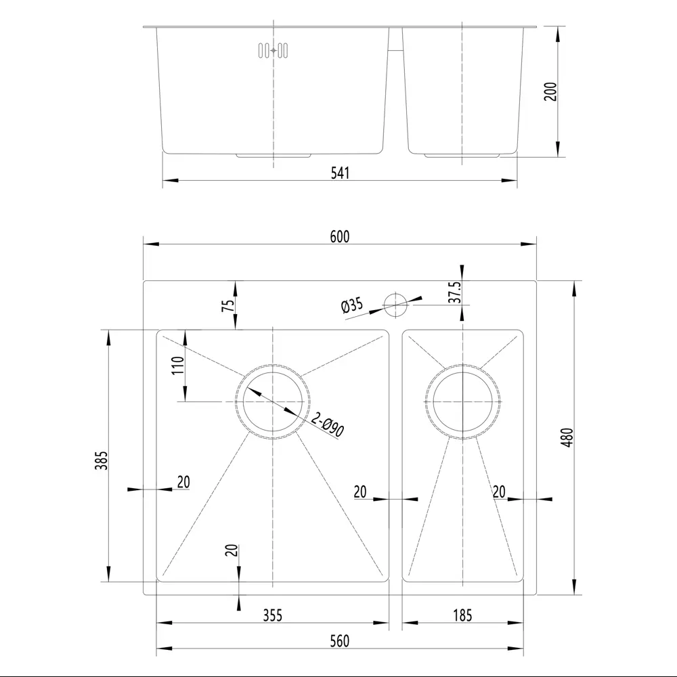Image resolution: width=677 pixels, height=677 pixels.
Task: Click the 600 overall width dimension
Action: pos(339,236)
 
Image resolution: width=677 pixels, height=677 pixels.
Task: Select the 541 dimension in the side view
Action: pos(340,173)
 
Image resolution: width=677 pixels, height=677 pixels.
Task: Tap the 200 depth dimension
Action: pos(550,91)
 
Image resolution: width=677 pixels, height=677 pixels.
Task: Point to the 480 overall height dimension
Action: pos(568,437)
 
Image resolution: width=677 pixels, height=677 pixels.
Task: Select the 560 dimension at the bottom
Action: pos(340,641)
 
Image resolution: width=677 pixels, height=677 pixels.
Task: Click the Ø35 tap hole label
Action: pos(353,305)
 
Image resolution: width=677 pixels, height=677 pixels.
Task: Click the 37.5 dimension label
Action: pos(455,292)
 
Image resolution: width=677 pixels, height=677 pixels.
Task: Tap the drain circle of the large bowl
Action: pos(272,401)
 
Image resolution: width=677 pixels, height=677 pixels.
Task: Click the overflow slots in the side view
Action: pos(273,51)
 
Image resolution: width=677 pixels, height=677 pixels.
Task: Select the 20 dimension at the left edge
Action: pos(183,482)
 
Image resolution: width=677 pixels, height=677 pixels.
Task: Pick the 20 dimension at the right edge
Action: pos(500,492)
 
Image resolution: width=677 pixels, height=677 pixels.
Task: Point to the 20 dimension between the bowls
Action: pos(360,492)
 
